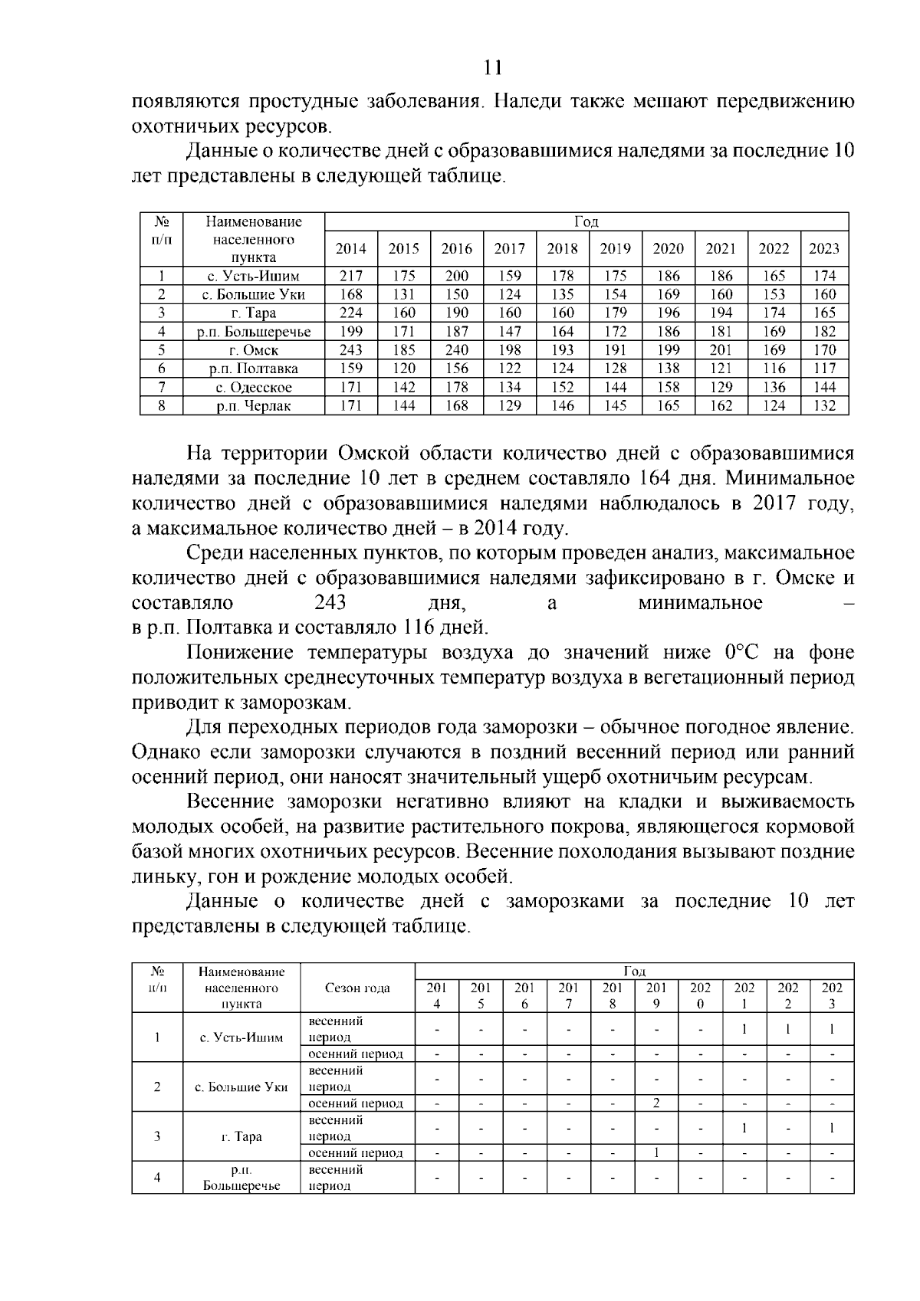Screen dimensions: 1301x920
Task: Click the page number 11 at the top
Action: click(x=493, y=67)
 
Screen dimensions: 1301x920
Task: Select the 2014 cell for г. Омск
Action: click(x=351, y=350)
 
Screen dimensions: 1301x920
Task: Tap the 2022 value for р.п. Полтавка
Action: click(x=774, y=369)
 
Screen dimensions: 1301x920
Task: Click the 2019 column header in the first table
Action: click(x=615, y=248)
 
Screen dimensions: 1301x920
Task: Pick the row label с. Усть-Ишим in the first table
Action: click(x=254, y=276)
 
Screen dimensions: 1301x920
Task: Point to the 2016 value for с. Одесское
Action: click(x=457, y=388)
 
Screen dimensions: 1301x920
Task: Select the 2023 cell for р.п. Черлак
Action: click(x=824, y=406)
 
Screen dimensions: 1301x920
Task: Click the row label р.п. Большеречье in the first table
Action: click(x=254, y=332)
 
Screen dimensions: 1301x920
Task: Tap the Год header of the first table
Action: click(x=586, y=221)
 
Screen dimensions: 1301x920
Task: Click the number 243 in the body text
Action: click(x=330, y=602)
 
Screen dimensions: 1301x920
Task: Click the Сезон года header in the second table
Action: click(x=357, y=988)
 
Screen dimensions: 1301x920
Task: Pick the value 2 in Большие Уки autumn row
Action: click(x=656, y=1103)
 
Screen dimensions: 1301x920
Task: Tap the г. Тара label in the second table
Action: click(x=242, y=1136)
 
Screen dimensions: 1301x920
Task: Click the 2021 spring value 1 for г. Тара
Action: click(x=744, y=1128)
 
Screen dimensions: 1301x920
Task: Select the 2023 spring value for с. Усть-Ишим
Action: click(x=832, y=1029)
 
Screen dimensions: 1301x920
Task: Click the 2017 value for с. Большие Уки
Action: click(x=510, y=294)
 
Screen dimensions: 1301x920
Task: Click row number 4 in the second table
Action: click(x=157, y=1178)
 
